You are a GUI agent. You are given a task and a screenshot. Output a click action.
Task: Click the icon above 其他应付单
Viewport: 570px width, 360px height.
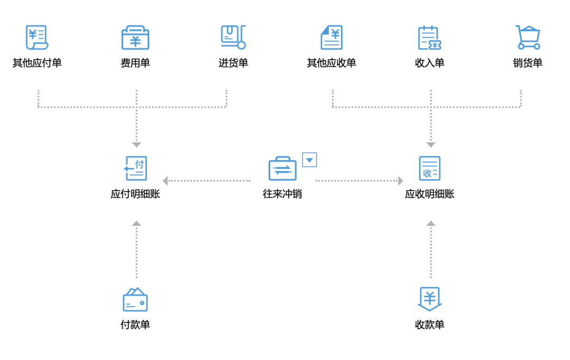click(x=37, y=37)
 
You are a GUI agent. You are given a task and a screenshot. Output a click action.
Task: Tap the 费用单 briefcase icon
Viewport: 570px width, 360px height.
click(x=135, y=37)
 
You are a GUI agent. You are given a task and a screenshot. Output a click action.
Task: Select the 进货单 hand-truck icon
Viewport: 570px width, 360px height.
click(x=233, y=37)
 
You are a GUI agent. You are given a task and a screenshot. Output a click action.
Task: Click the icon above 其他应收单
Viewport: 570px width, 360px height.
click(x=331, y=37)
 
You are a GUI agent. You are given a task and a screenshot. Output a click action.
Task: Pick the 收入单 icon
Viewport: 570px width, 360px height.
click(x=430, y=37)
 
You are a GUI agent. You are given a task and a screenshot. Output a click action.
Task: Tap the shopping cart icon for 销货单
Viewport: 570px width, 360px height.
click(x=528, y=37)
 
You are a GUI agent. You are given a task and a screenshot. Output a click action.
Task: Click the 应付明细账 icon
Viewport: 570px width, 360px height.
click(x=136, y=168)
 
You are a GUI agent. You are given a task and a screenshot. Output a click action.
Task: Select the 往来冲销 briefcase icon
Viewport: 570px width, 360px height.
click(x=282, y=168)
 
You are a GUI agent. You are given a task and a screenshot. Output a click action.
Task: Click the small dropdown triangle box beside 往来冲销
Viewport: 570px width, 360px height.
click(x=309, y=160)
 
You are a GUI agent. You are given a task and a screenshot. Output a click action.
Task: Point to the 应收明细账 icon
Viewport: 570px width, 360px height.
click(x=430, y=168)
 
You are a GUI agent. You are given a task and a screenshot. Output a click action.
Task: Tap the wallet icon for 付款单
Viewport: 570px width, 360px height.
click(x=135, y=299)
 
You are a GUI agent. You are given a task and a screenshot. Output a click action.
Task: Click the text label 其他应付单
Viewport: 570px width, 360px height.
click(x=37, y=63)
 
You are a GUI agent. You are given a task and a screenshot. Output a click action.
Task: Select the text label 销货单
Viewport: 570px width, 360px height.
click(x=528, y=63)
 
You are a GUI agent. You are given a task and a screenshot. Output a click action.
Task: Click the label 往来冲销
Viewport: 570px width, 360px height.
click(x=282, y=194)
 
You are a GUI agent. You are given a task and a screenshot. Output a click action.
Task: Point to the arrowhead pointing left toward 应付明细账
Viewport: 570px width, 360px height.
click(x=165, y=181)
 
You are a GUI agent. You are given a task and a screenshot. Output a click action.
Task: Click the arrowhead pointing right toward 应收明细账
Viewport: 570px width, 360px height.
click(x=401, y=181)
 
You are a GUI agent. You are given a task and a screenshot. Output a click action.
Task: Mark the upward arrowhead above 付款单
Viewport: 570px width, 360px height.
click(x=136, y=223)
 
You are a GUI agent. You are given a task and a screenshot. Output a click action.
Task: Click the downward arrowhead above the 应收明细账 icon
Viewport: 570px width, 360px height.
click(x=431, y=145)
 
